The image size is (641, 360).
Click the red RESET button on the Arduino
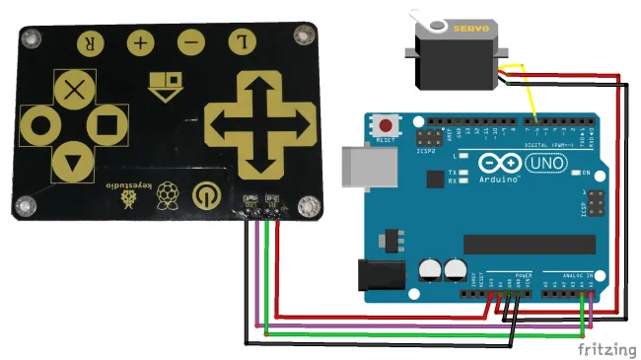(x=387, y=126)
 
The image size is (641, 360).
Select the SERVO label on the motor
(x=469, y=29)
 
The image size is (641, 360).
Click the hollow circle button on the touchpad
(x=40, y=125)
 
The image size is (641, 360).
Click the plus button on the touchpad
(x=140, y=42)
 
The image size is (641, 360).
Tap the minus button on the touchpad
(x=191, y=42)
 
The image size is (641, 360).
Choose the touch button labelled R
(x=90, y=42)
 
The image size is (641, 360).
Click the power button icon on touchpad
(x=205, y=193)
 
